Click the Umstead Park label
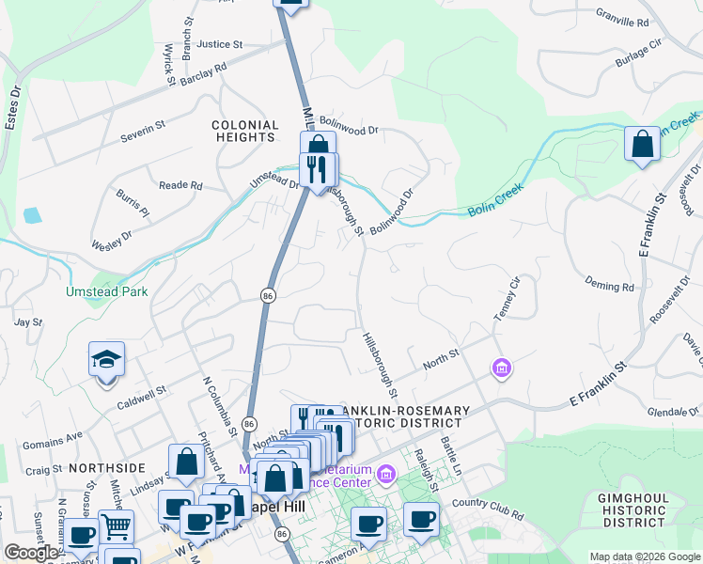(x=106, y=292)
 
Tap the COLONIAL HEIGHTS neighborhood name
(x=245, y=131)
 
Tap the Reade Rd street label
(x=180, y=186)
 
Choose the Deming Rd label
(x=609, y=286)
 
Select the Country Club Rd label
(x=487, y=509)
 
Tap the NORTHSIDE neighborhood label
(x=106, y=467)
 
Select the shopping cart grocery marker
(x=116, y=527)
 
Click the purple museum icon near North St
(x=502, y=368)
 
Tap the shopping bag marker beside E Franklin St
(x=642, y=145)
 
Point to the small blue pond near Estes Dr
(x=33, y=215)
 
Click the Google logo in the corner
(x=30, y=553)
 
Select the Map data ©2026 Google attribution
(x=644, y=556)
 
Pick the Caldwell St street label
(x=141, y=389)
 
